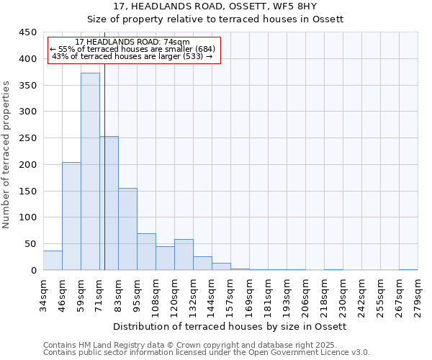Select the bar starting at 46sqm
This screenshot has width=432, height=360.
tap(71, 216)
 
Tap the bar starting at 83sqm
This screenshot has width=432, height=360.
tap(127, 229)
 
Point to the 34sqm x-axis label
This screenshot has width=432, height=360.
tap(44, 293)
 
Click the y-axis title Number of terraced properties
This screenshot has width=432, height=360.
tap(7, 155)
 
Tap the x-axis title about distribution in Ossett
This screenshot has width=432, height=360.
tap(230, 326)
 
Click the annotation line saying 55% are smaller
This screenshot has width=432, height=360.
tap(132, 49)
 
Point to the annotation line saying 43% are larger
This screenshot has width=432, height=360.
tap(132, 56)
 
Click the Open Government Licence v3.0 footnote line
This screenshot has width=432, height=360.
tap(206, 353)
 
